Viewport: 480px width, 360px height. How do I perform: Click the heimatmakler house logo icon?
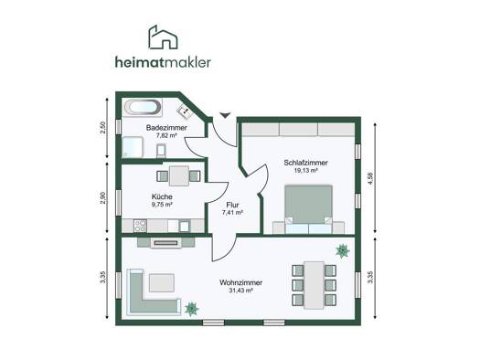(163, 37)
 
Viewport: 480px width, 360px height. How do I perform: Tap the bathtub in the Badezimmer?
(143, 107)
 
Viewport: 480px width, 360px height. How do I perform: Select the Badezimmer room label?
(166, 128)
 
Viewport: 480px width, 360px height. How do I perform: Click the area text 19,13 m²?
(305, 171)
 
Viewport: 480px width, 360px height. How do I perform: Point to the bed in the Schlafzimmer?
(309, 209)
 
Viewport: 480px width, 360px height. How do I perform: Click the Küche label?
(162, 196)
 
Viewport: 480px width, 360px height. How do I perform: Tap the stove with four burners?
(140, 226)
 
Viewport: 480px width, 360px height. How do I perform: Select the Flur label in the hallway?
(232, 205)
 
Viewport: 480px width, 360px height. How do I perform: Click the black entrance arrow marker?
(225, 115)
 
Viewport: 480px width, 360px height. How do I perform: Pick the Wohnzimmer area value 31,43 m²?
(241, 291)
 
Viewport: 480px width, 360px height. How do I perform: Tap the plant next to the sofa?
(192, 309)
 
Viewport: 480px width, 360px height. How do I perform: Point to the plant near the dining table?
(343, 251)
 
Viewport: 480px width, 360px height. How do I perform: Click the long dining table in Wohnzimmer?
(315, 285)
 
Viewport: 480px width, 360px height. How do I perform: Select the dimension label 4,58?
(371, 178)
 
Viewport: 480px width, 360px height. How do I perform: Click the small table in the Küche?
(179, 175)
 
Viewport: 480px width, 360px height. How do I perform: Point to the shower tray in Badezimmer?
(133, 147)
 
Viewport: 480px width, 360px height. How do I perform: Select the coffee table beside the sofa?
(162, 283)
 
